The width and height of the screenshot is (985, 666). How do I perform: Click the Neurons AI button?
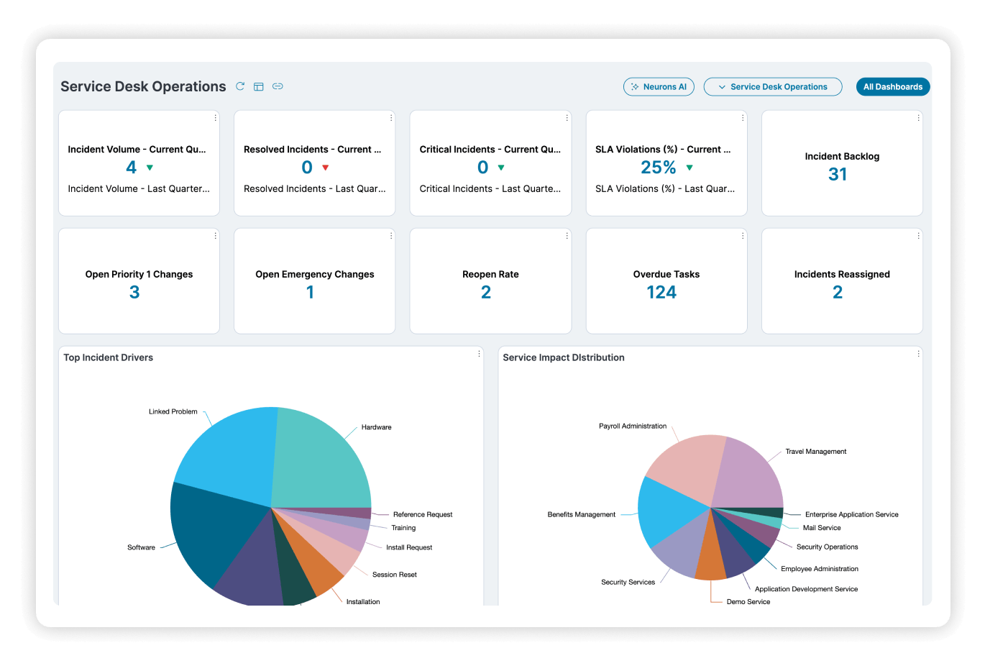click(x=659, y=86)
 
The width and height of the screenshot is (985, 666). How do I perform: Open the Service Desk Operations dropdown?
click(x=773, y=86)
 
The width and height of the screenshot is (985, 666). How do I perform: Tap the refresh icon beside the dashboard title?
click(x=240, y=86)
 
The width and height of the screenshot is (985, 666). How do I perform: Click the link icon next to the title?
click(x=278, y=86)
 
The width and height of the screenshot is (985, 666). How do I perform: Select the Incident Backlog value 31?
click(x=837, y=174)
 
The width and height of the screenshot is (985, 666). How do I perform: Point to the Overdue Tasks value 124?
click(x=661, y=292)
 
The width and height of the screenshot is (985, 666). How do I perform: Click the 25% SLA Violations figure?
click(x=658, y=167)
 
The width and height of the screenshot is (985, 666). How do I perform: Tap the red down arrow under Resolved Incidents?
click(x=326, y=168)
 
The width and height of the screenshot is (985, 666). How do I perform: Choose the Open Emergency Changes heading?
click(x=315, y=274)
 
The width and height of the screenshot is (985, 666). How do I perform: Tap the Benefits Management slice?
click(x=669, y=510)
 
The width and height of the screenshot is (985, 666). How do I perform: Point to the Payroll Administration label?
click(x=632, y=426)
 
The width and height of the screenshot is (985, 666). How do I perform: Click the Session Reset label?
click(x=395, y=575)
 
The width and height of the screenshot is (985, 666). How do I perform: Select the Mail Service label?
click(x=821, y=527)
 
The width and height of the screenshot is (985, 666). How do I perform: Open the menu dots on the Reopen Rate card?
click(x=567, y=236)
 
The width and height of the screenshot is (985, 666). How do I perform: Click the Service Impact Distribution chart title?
click(x=563, y=357)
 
